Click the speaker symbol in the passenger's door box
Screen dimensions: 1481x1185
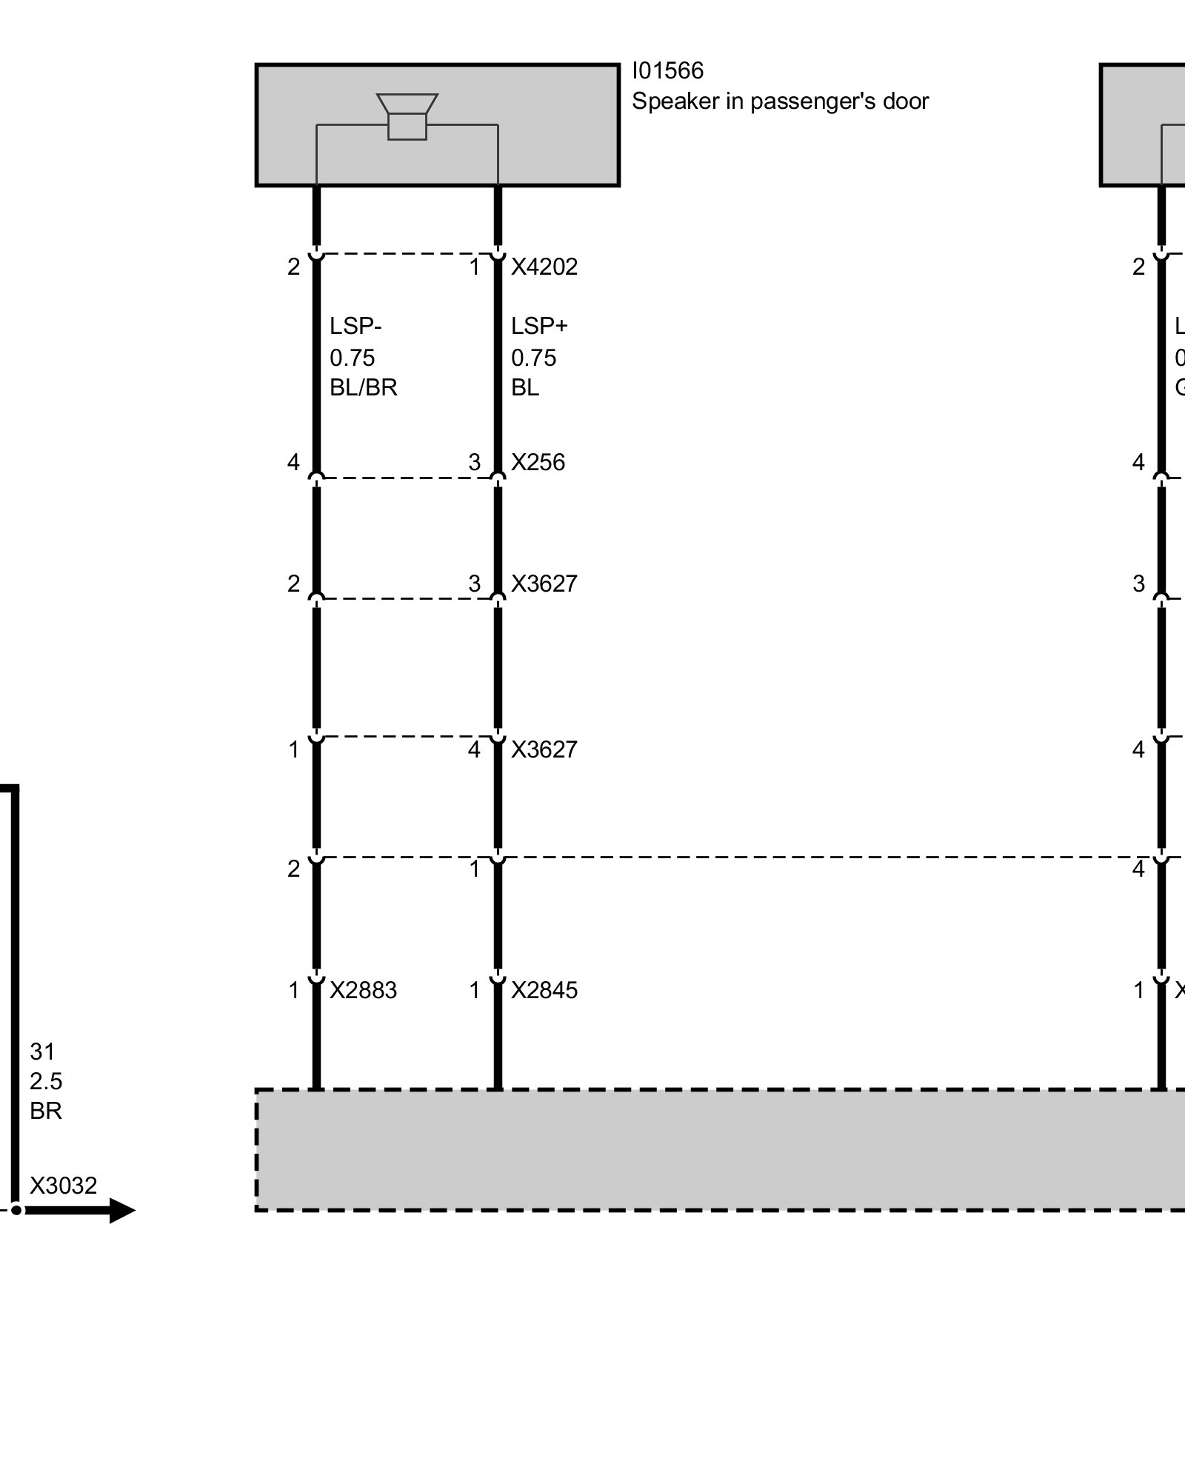[407, 117]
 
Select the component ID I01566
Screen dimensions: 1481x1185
[667, 71]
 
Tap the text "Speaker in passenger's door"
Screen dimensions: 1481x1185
[779, 101]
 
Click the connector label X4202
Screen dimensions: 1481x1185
[544, 267]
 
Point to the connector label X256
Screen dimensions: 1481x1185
[538, 463]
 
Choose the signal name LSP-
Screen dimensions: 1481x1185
[355, 326]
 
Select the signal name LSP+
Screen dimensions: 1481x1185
[539, 326]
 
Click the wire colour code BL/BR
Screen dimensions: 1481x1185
[363, 387]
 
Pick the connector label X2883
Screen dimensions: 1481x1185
[363, 990]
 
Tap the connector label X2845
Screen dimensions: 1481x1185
[544, 990]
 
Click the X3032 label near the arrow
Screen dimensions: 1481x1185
[63, 1186]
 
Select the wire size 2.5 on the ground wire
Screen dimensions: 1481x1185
[46, 1081]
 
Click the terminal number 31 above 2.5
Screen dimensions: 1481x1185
[42, 1052]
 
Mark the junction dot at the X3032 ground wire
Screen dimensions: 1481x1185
[16, 1211]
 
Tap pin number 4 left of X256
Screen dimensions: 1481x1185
[293, 463]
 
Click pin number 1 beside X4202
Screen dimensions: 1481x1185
[475, 267]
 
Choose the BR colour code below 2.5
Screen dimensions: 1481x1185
[46, 1111]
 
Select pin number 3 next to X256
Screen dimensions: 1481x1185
[475, 463]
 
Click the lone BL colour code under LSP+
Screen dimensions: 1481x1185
[524, 387]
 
